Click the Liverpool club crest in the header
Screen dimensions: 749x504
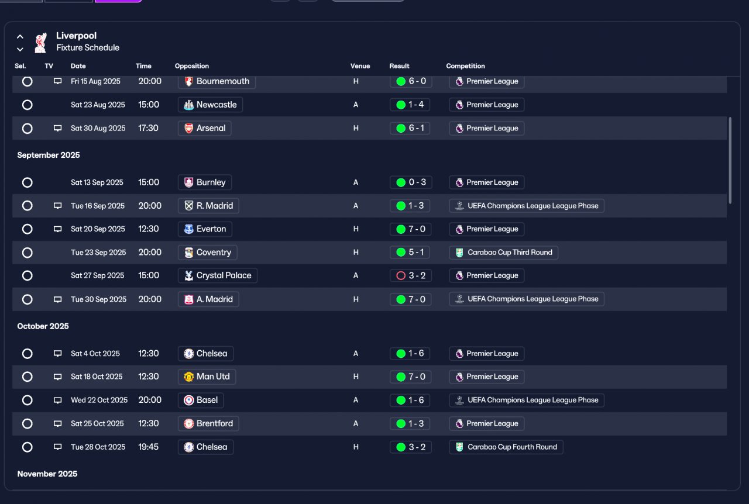coord(41,43)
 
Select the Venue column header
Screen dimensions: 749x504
coord(360,66)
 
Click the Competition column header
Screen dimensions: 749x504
coord(465,66)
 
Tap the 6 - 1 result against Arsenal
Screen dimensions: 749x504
coord(410,128)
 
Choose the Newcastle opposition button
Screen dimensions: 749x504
coord(210,105)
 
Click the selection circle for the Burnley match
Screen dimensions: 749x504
coord(27,182)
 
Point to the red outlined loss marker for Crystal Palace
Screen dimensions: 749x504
coord(401,275)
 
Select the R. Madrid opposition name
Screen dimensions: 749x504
coord(215,206)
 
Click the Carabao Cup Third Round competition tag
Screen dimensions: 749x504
coord(504,253)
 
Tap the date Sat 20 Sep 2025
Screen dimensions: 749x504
coord(98,229)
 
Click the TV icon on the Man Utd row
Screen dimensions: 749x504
coord(57,377)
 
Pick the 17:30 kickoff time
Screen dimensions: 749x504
coord(148,128)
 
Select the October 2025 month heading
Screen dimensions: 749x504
coord(43,326)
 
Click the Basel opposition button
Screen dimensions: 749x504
coord(201,400)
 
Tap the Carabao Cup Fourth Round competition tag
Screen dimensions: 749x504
coord(506,447)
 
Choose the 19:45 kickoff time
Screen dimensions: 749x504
coord(148,447)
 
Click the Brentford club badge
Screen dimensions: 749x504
coord(188,423)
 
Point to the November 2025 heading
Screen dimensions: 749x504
coord(47,474)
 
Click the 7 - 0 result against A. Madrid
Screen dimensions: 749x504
coord(410,299)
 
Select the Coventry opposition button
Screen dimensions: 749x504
coord(208,253)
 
